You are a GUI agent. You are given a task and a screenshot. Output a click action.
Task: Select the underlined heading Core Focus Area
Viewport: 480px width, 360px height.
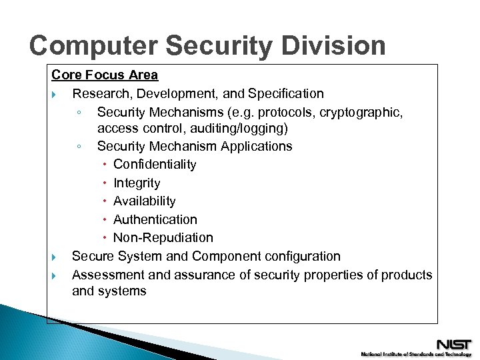105,75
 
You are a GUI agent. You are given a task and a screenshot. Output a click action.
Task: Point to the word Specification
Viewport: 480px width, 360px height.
285,93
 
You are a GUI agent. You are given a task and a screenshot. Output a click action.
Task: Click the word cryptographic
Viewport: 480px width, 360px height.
361,112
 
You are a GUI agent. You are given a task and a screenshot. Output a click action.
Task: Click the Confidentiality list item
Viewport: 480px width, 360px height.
155,164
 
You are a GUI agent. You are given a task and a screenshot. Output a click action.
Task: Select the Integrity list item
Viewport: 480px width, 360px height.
137,183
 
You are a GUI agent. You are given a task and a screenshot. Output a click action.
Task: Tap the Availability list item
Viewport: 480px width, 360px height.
144,201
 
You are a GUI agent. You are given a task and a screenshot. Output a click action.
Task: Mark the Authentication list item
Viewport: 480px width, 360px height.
155,219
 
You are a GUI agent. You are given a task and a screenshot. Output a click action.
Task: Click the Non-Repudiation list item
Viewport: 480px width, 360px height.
163,237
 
